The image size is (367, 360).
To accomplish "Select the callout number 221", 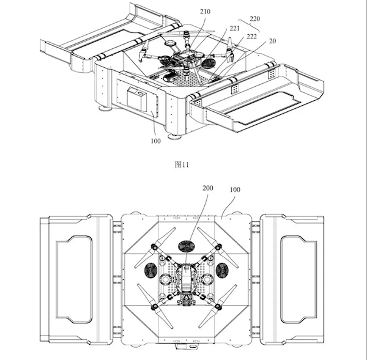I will coord(235,28).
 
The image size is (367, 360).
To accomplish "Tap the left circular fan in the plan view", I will coord(147,270).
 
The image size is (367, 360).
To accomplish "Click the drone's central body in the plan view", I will coord(185,281).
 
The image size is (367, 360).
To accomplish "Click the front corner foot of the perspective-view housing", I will coord(176,136).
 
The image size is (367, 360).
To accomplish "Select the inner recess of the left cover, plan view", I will coord(74,278).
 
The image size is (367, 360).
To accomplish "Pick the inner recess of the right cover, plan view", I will coord(298,278).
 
